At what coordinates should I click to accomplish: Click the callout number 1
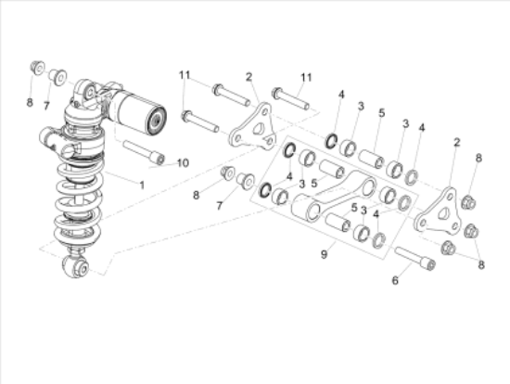pyautogui.click(x=142, y=186)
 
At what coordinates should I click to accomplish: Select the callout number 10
pyautogui.click(x=183, y=163)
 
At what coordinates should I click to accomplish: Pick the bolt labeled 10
pyautogui.click(x=144, y=152)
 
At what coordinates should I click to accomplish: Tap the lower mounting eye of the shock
pyautogui.click(x=77, y=269)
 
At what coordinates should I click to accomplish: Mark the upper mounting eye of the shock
pyautogui.click(x=84, y=92)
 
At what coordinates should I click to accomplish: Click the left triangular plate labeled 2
pyautogui.click(x=251, y=127)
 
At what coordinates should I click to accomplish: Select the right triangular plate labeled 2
pyautogui.click(x=437, y=211)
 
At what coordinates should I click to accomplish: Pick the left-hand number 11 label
pyautogui.click(x=185, y=74)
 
